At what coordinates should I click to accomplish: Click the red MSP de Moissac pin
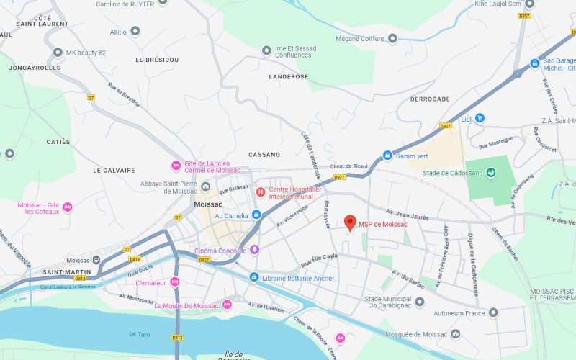[351, 222]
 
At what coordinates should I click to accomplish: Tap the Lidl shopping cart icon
[480, 118]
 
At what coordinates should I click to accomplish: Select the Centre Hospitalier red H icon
[261, 192]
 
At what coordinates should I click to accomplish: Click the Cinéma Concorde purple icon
[254, 250]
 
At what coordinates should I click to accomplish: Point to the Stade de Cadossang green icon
[490, 172]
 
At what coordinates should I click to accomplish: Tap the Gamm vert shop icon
[387, 156]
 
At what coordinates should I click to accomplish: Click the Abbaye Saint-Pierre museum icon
[206, 186]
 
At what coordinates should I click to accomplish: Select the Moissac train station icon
[96, 260]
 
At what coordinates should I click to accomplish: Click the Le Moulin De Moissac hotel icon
[227, 305]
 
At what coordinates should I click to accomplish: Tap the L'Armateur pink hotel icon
[174, 282]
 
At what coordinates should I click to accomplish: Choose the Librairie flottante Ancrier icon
[253, 277]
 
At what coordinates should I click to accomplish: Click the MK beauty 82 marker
[58, 53]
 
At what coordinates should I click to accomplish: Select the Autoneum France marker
[493, 312]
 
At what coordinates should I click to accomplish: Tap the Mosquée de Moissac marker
[455, 334]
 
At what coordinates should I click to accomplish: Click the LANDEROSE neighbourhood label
[288, 76]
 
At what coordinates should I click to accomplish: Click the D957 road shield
[524, 15]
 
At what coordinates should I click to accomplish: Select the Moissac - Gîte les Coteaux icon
[68, 207]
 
